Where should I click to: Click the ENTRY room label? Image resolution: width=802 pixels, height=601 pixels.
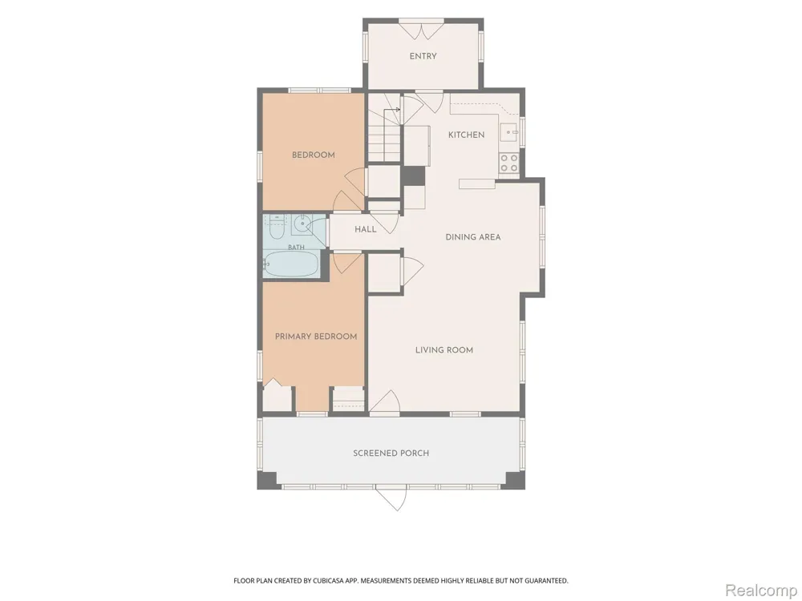click(x=423, y=56)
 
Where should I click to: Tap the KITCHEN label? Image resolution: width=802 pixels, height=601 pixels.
click(x=466, y=135)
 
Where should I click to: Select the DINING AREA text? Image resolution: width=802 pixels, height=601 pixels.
click(x=473, y=237)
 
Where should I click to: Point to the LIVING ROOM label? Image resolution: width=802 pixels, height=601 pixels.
click(x=444, y=350)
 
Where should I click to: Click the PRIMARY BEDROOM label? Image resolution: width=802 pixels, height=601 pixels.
click(x=316, y=337)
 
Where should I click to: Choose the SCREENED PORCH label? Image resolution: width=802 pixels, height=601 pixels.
click(x=391, y=454)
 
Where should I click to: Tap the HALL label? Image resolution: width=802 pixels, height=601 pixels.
click(x=366, y=229)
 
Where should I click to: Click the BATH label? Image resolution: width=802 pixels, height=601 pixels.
click(x=296, y=248)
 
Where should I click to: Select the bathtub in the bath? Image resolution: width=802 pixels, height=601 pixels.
click(x=292, y=264)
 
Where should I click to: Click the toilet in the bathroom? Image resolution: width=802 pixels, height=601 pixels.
click(x=276, y=228)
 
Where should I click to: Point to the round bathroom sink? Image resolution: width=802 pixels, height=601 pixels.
click(x=303, y=224)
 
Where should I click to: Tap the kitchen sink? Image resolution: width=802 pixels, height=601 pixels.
click(x=510, y=132)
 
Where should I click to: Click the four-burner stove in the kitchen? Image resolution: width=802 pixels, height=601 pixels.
click(x=509, y=163)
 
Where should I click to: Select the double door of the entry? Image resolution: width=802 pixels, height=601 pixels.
click(x=421, y=30)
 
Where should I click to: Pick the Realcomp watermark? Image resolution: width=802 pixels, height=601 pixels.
click(x=760, y=591)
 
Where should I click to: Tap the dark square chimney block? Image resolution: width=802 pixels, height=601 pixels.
click(x=413, y=175)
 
